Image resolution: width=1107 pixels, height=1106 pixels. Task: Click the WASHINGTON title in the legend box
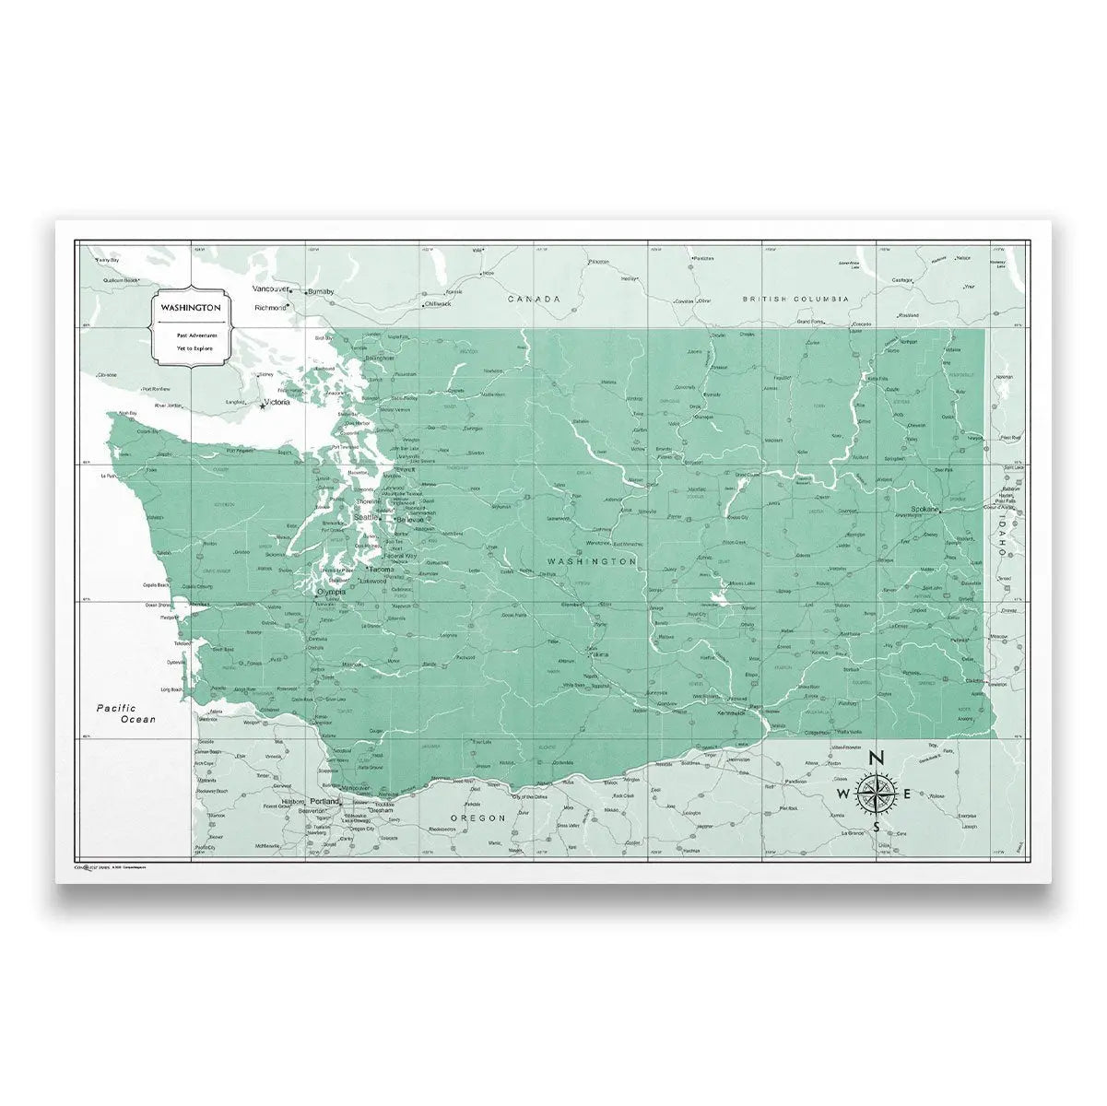point(190,306)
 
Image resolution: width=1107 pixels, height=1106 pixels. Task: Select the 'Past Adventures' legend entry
point(190,336)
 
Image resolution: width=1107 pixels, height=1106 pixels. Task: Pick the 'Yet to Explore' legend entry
point(190,350)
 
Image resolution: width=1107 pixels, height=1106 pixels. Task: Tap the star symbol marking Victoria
point(262,407)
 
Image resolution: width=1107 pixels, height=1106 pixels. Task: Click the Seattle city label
point(366,517)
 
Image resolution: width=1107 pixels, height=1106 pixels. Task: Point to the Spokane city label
point(924,509)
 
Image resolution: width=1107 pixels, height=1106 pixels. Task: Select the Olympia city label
point(332,593)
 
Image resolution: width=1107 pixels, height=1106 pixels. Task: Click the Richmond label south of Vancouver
point(270,307)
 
